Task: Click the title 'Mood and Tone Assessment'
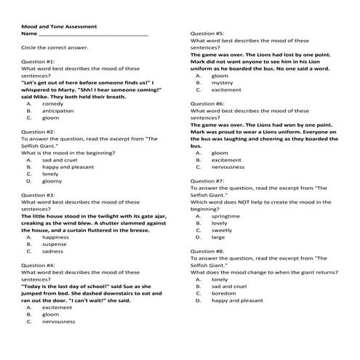(x=59, y=26)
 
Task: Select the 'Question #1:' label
(x=38, y=62)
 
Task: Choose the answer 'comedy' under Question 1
(x=53, y=104)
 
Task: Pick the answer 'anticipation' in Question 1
(x=58, y=111)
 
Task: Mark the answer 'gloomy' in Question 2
(x=52, y=181)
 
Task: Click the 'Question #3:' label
(x=38, y=195)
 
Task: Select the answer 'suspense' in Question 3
(x=55, y=244)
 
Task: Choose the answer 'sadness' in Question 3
(x=53, y=251)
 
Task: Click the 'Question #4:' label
(x=38, y=265)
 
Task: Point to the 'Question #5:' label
(x=207, y=33)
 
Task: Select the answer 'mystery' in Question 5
(x=223, y=83)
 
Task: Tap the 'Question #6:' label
(x=207, y=104)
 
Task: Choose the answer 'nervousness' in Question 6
(x=231, y=167)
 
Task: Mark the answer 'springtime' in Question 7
(x=226, y=216)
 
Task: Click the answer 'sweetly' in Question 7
(x=223, y=230)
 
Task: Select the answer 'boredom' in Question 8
(x=225, y=293)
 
